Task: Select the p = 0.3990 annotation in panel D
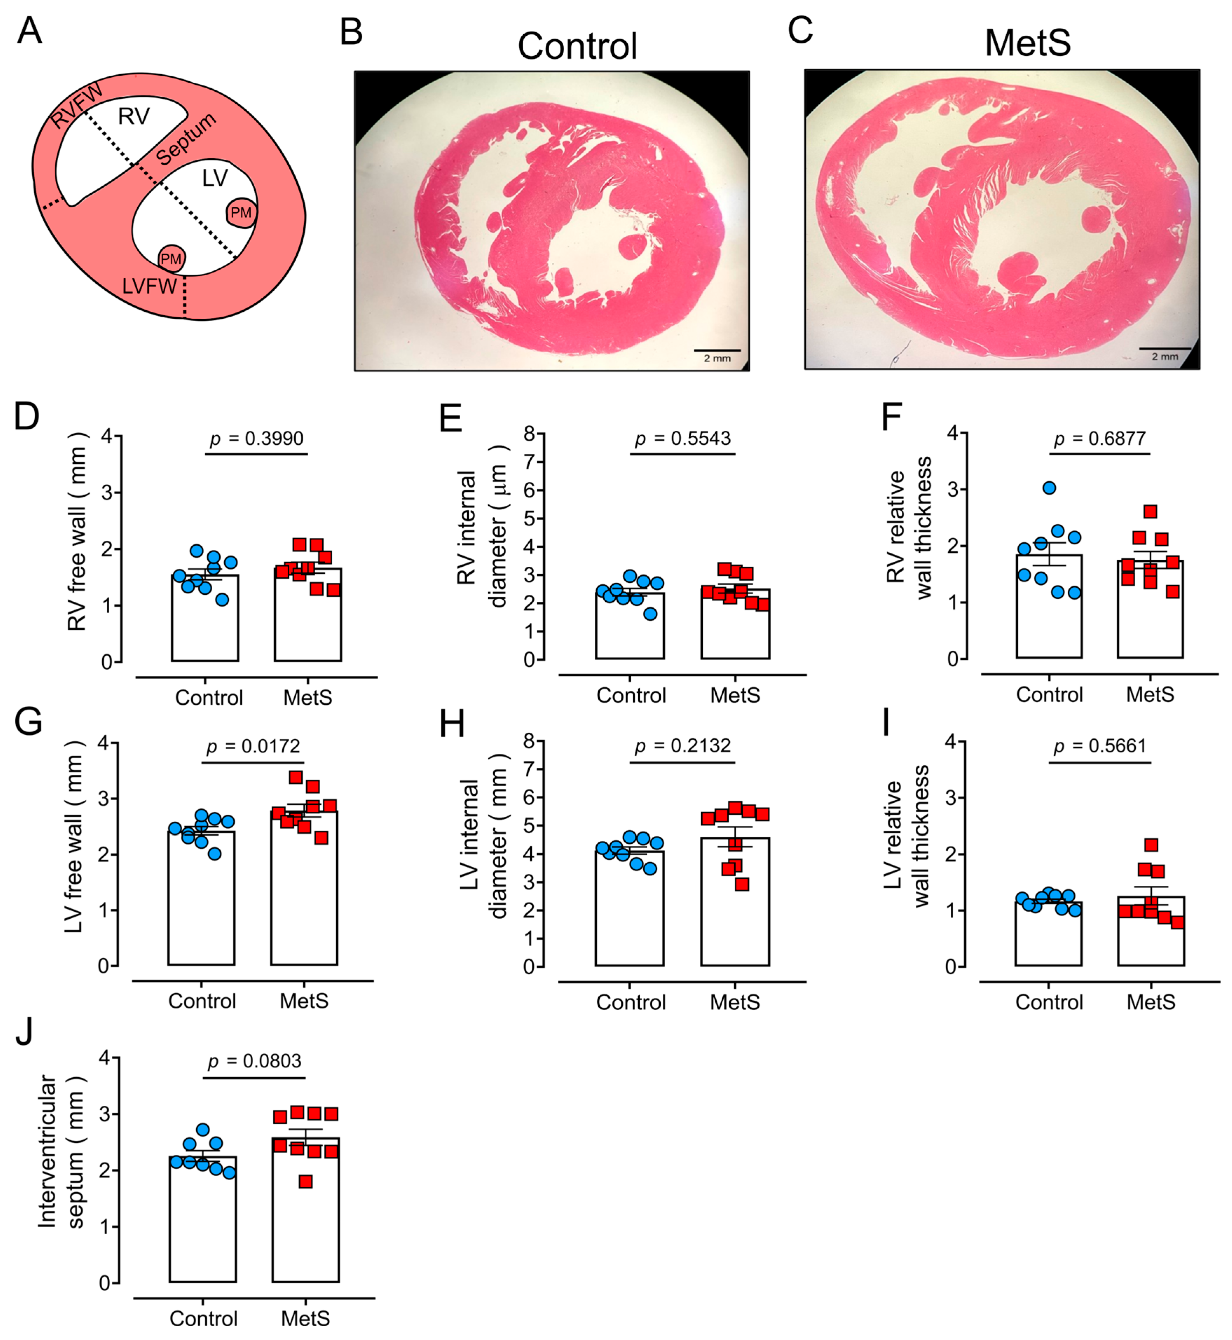[257, 438]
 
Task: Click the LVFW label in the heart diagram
[149, 286]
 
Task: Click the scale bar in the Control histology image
[717, 350]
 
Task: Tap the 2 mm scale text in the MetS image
[1165, 357]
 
